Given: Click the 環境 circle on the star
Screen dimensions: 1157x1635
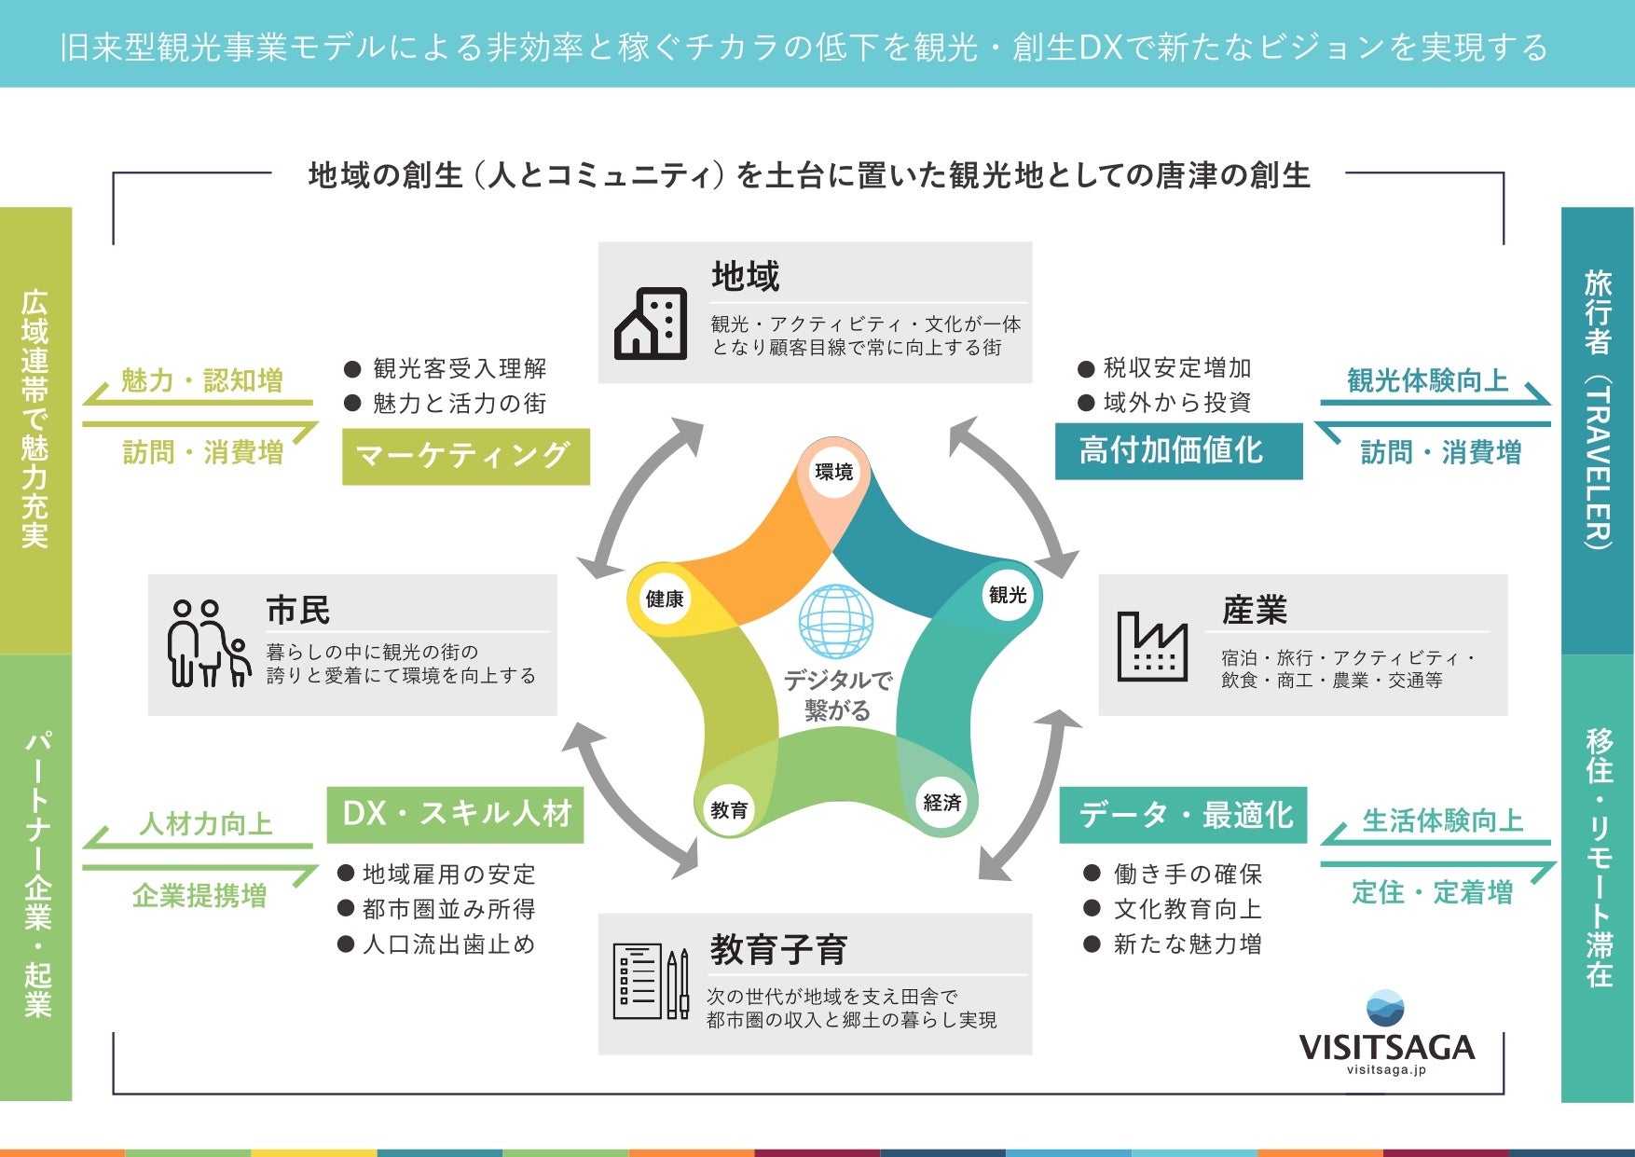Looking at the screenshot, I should [x=833, y=472].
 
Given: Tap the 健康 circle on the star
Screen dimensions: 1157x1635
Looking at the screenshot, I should [x=665, y=599].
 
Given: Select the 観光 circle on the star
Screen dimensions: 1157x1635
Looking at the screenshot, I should [x=1008, y=595].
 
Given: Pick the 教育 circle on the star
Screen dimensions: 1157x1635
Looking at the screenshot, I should [x=729, y=809].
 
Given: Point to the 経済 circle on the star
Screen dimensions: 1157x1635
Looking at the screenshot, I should [x=941, y=802].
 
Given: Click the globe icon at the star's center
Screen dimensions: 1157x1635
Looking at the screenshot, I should [x=836, y=622].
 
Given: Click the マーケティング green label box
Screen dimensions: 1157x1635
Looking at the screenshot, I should [x=465, y=456].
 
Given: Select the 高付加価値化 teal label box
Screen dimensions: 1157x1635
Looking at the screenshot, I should [x=1178, y=451].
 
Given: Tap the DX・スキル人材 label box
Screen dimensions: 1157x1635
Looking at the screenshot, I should [x=456, y=814].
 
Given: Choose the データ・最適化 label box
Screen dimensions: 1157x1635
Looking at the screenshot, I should [x=1184, y=815].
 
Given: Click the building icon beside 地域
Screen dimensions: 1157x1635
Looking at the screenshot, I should [x=651, y=324].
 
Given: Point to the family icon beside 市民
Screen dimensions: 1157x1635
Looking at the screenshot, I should [x=209, y=643].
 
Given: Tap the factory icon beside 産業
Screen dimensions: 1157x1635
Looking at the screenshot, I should [x=1152, y=646].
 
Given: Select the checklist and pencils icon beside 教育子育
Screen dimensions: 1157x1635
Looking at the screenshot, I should [x=651, y=982].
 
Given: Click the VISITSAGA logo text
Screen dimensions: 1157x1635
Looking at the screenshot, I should [x=1386, y=1047].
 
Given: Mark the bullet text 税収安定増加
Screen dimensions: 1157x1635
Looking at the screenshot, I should [x=1176, y=368].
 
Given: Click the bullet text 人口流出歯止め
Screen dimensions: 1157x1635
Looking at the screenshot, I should [x=448, y=944].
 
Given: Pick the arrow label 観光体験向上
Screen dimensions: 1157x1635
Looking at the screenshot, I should [x=1427, y=380].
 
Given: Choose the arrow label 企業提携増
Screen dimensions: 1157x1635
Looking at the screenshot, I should [x=199, y=896].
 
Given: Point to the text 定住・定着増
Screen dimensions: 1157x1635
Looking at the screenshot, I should [x=1432, y=892].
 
